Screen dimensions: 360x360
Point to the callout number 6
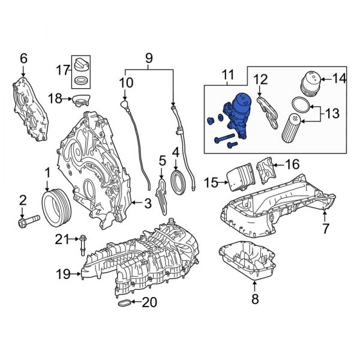[24, 58]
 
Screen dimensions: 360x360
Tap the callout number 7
[326, 228]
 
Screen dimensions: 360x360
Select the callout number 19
[64, 275]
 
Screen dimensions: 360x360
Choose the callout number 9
[149, 59]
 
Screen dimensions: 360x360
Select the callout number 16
[292, 163]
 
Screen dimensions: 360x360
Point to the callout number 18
[55, 98]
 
